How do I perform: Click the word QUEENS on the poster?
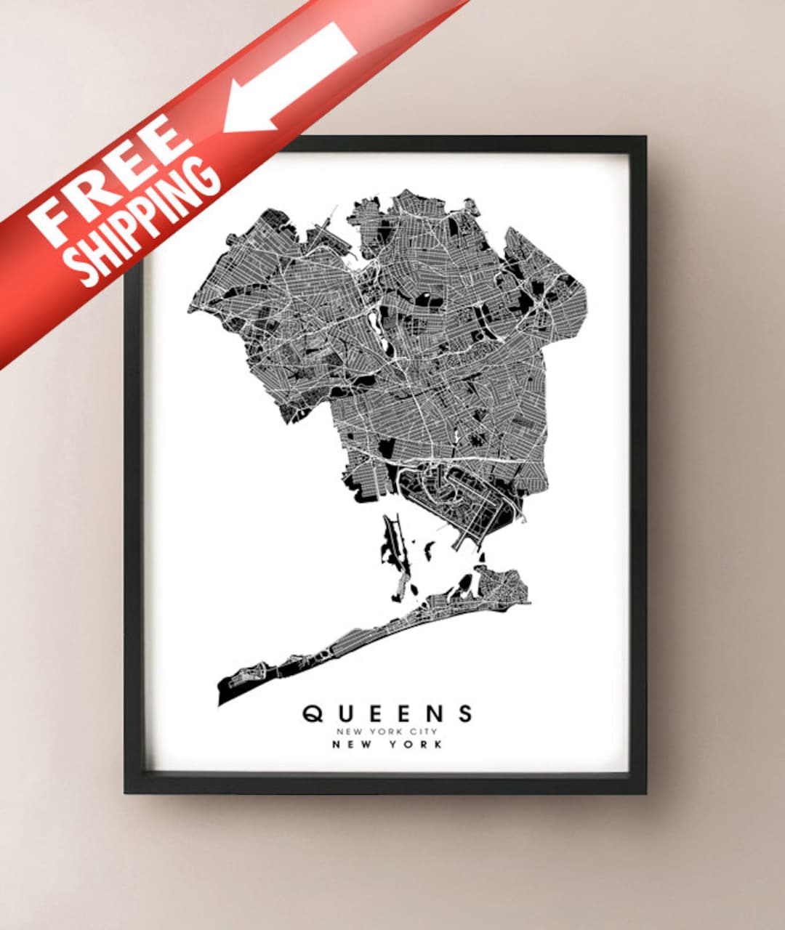[387, 713]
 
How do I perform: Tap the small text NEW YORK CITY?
[387, 732]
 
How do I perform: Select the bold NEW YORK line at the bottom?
[387, 745]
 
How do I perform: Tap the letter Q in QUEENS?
[313, 713]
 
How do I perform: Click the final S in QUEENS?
[465, 713]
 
